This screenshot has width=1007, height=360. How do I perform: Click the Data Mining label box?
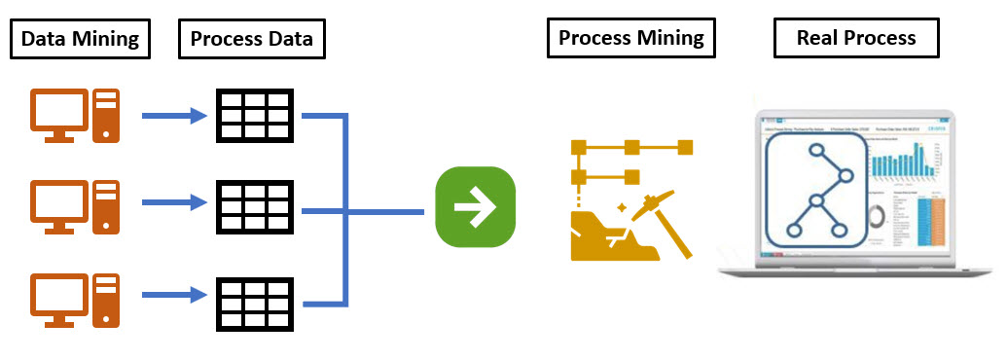coord(81,40)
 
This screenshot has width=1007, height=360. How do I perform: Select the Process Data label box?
coord(252,40)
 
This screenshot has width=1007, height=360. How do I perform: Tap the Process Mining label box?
coord(631,38)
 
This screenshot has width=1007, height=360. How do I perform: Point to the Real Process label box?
coord(856,38)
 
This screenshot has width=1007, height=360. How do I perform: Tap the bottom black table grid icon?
coord(253,294)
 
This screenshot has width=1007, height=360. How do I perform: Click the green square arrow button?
coord(475,207)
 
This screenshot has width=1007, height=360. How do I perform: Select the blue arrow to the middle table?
coord(176,203)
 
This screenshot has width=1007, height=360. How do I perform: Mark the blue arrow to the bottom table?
coord(176,293)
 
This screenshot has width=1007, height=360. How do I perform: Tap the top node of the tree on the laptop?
coord(813,153)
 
